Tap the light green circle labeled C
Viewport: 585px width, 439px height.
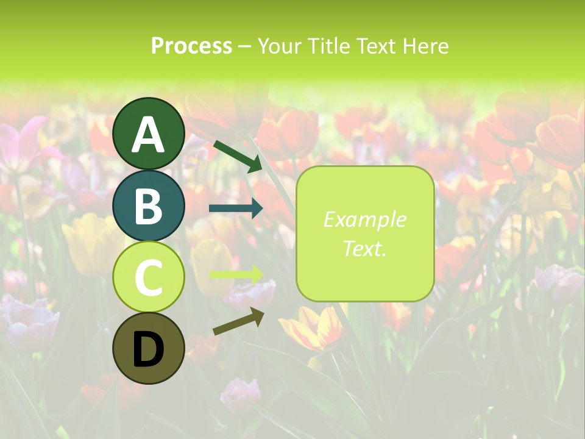point(148,277)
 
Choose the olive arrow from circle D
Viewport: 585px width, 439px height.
point(238,321)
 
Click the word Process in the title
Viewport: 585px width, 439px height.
point(191,46)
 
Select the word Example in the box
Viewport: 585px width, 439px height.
point(364,220)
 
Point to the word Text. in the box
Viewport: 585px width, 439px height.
point(364,248)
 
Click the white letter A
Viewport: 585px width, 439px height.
point(148,135)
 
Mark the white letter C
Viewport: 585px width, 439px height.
point(148,278)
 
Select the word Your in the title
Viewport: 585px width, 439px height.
point(280,46)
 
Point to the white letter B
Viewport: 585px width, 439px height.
point(148,207)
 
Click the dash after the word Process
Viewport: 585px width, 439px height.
point(245,46)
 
